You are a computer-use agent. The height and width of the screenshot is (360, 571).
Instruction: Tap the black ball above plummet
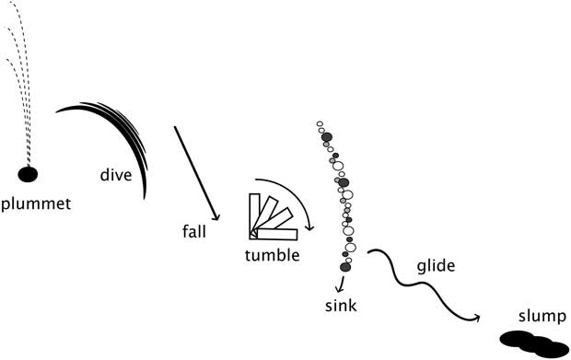29,173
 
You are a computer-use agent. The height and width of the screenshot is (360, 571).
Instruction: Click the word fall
194,232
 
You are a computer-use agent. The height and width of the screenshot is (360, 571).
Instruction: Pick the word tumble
272,255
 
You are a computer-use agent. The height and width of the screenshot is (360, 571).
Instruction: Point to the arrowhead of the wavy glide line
478,319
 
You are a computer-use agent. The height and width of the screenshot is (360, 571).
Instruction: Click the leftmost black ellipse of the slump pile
517,338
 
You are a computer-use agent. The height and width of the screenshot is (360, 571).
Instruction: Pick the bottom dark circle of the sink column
345,267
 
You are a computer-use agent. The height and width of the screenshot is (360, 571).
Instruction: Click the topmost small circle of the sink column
320,124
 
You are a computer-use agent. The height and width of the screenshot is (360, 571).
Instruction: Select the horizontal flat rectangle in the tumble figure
277,234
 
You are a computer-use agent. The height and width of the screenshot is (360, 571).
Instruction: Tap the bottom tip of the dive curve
145,198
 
